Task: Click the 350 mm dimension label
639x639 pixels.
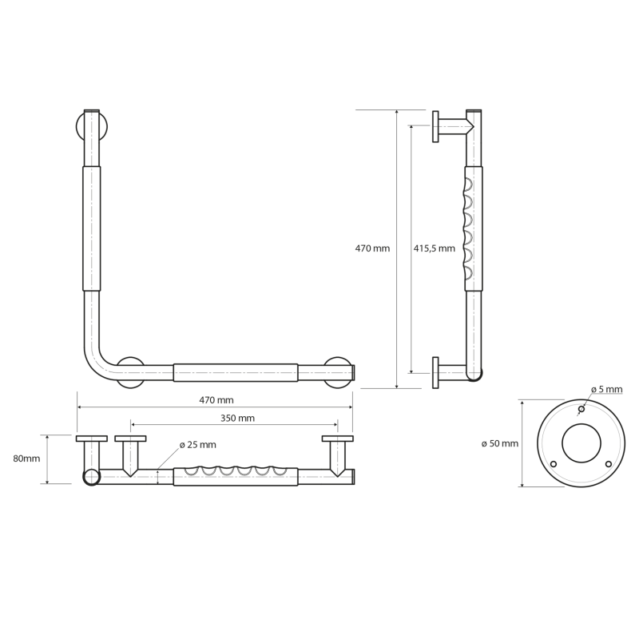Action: click(237, 418)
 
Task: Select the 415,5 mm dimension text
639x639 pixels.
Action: click(434, 248)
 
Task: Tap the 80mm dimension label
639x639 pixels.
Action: click(26, 458)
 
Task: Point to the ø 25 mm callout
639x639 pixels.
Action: click(197, 445)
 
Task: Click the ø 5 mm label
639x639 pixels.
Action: click(607, 389)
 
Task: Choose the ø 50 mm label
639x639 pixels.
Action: click(500, 443)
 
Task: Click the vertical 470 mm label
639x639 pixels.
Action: click(372, 248)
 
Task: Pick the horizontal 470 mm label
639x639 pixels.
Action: click(216, 400)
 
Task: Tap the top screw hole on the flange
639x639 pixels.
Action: click(581, 409)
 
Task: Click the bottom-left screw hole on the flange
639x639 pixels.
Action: click(554, 464)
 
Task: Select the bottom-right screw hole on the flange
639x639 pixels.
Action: click(609, 464)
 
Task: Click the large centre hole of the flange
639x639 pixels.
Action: click(581, 443)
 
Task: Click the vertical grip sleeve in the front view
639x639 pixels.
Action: click(92, 228)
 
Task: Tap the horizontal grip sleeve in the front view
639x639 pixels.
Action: click(236, 372)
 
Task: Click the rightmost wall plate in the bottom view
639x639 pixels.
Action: click(337, 439)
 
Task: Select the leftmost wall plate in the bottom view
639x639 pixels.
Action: click(92, 439)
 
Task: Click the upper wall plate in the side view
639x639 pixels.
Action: click(435, 126)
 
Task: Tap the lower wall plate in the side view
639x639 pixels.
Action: click(435, 373)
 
